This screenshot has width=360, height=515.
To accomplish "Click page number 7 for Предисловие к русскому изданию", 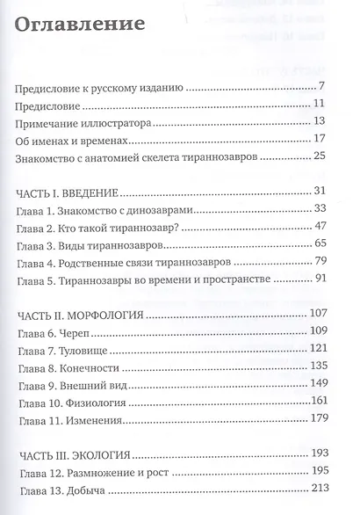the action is [322, 85].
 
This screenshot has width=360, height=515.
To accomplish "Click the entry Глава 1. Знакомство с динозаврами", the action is [112, 210].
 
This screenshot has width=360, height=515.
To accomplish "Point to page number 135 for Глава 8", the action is [316, 365].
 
